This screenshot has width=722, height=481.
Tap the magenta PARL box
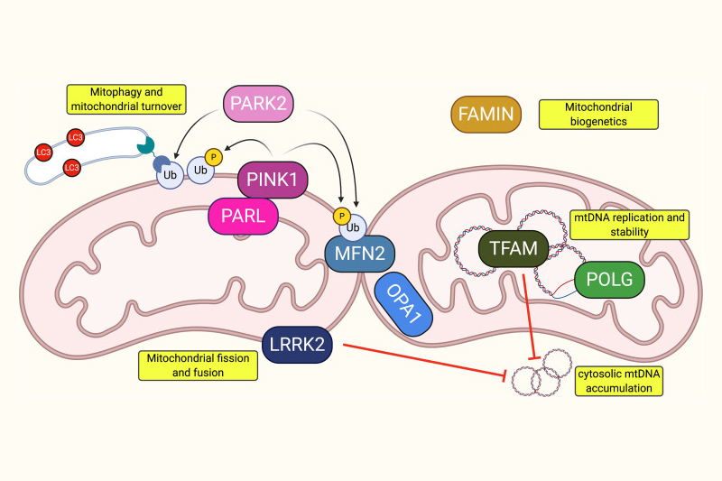243,216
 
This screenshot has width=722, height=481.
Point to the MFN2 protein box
361,252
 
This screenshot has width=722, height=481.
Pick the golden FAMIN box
485,115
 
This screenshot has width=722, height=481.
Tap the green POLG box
609,279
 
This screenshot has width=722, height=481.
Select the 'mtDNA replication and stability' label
629,224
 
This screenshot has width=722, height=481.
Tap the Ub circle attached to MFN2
354,225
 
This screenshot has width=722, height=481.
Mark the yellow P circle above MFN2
342,215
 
